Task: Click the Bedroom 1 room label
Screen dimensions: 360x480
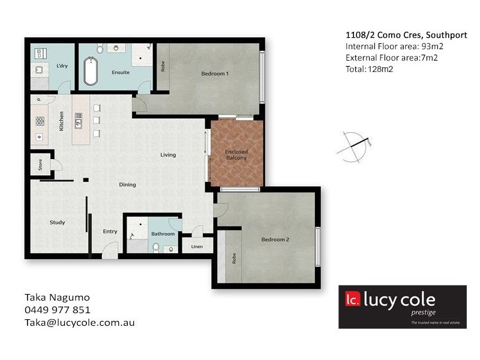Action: [215, 74]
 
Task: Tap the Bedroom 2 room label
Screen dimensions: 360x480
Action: [275, 239]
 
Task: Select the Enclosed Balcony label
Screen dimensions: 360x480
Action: [236, 155]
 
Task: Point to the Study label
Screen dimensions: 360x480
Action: [57, 223]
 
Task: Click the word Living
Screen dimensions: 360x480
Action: [168, 155]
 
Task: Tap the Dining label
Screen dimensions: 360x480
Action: [127, 185]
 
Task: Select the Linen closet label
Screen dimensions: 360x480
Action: [197, 247]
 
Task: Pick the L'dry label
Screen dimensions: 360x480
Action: [62, 66]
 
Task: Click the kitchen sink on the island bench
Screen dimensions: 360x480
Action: [79, 124]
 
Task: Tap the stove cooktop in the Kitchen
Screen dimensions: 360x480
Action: [40, 121]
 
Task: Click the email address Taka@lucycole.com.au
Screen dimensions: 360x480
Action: [79, 322]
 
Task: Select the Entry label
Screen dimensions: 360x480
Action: [110, 231]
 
